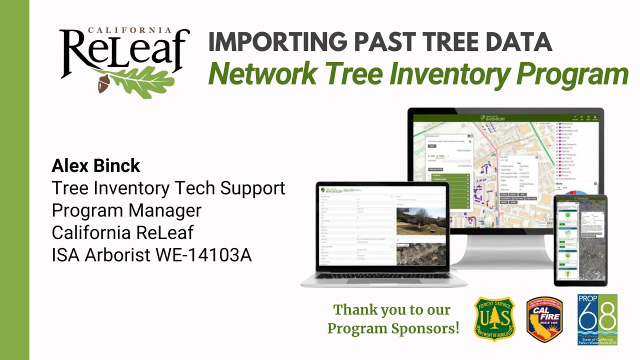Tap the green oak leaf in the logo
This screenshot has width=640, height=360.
pos(140,80)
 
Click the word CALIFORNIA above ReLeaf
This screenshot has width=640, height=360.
pos(129,30)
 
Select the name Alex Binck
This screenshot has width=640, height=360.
pos(96,165)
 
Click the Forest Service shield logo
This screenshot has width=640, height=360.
pos(494,319)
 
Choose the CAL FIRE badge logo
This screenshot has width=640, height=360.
pos(544,319)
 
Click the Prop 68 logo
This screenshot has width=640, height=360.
pos(597,319)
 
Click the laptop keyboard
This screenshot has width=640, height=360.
pos(383,276)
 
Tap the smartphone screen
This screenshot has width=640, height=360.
pos(580,239)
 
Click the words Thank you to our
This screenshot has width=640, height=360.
pos(392,310)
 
